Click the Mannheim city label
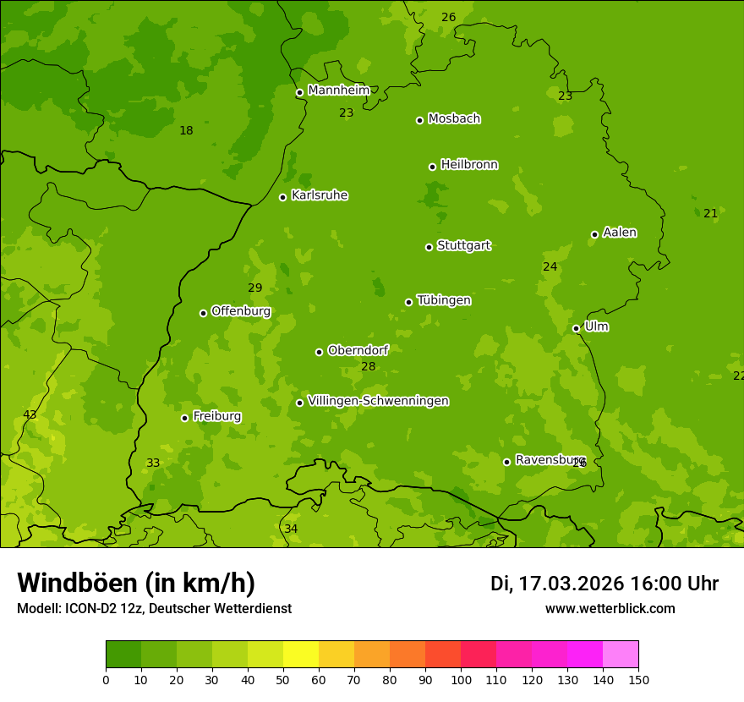coord(338,90)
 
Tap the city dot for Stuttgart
coord(429,247)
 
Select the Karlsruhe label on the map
coord(319,195)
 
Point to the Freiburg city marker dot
coord(184,418)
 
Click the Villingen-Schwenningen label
coord(378,401)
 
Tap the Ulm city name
coord(596,326)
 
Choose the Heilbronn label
coord(469,165)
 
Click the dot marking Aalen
coord(594,234)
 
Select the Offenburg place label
coord(241,311)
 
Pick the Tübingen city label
coord(444,300)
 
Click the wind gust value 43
coord(30,414)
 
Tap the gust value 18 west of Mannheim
coord(186,130)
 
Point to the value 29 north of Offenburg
coord(254,288)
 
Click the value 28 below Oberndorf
coord(368,366)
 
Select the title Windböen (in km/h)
coord(136,583)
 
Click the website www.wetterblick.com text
coord(610,608)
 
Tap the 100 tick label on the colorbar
coord(461,679)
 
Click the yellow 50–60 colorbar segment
coord(301,655)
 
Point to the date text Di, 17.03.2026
coord(557,584)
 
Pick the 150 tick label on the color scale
coord(638,679)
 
